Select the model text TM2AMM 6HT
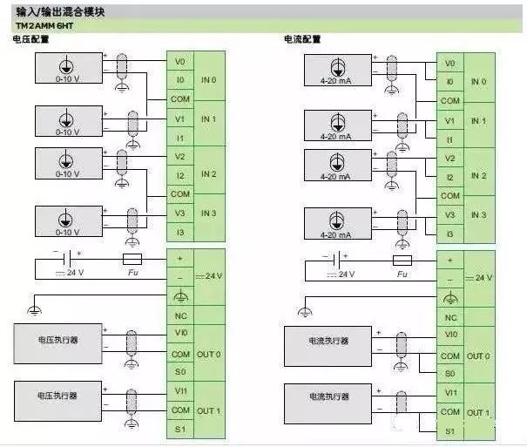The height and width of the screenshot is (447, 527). pos(42,26)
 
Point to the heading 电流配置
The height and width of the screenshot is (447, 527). pos(302,40)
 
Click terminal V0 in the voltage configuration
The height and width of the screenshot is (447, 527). pos(180,63)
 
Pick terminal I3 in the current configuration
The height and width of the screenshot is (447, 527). pos(449,234)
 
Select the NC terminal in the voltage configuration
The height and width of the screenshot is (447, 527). pos(180,316)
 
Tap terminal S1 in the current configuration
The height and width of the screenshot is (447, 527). pos(449,431)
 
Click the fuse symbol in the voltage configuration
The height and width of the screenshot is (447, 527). pos(132,259)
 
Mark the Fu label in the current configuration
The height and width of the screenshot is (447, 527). pos(402,275)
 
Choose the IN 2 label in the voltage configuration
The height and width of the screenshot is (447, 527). pos(208,174)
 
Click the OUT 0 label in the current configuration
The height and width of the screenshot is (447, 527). pos(477,356)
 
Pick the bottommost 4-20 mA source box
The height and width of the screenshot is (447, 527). pos(336,223)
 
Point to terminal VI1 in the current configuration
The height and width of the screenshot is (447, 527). pos(449,393)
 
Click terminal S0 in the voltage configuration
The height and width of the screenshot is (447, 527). pos(180,372)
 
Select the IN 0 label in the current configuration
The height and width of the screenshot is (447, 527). pos(477,82)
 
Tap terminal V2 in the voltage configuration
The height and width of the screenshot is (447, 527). pos(180,157)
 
